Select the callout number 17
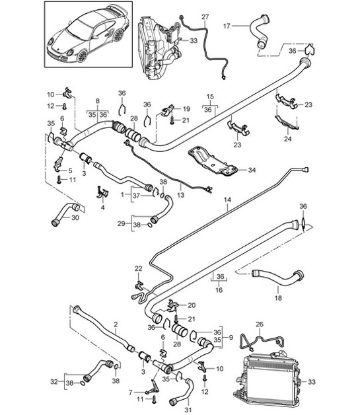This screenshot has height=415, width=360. pyautogui.click(x=227, y=26)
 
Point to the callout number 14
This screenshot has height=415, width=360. pyautogui.click(x=228, y=199)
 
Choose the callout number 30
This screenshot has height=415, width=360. pyautogui.click(x=75, y=218)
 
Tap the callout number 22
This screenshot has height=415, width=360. pyautogui.click(x=138, y=268)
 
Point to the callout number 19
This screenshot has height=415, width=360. pyautogui.click(x=186, y=108)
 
